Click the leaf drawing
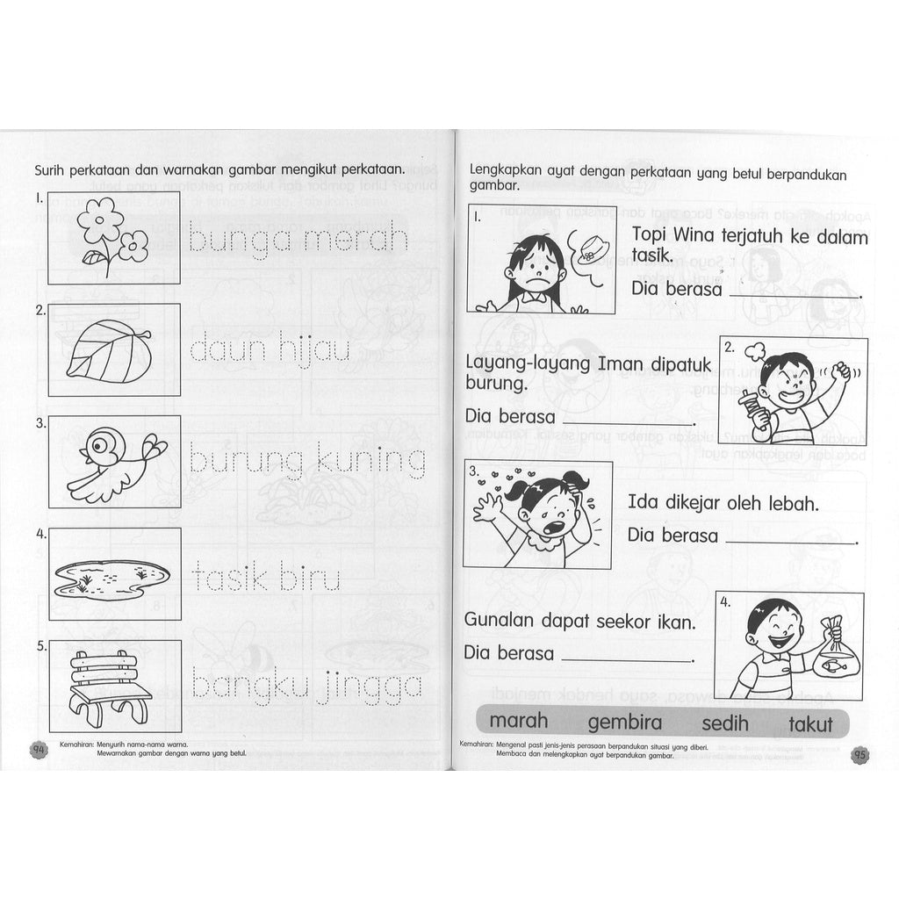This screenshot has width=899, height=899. pyautogui.click(x=109, y=349)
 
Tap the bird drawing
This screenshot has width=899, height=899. pyautogui.click(x=114, y=463)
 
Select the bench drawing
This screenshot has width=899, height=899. pyautogui.click(x=111, y=685)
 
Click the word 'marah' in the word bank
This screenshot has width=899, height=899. pyautogui.click(x=518, y=721)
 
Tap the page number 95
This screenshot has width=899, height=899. pyautogui.click(x=859, y=753)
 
